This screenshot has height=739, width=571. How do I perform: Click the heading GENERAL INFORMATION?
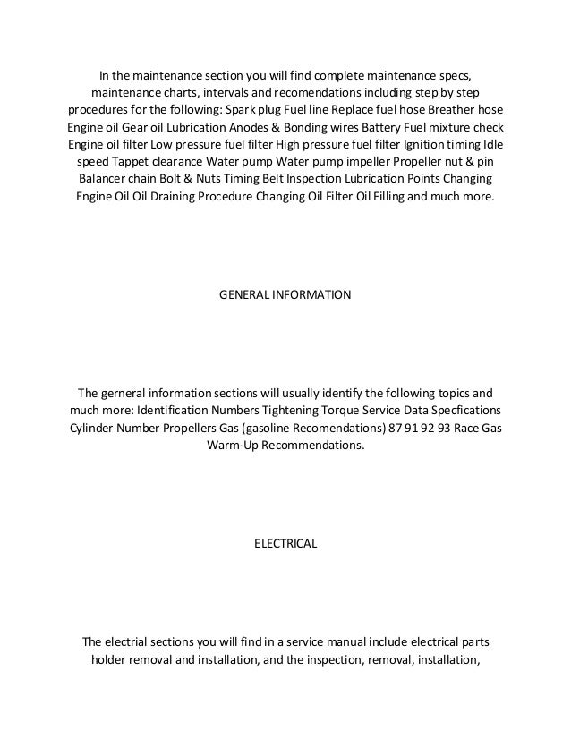285,293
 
